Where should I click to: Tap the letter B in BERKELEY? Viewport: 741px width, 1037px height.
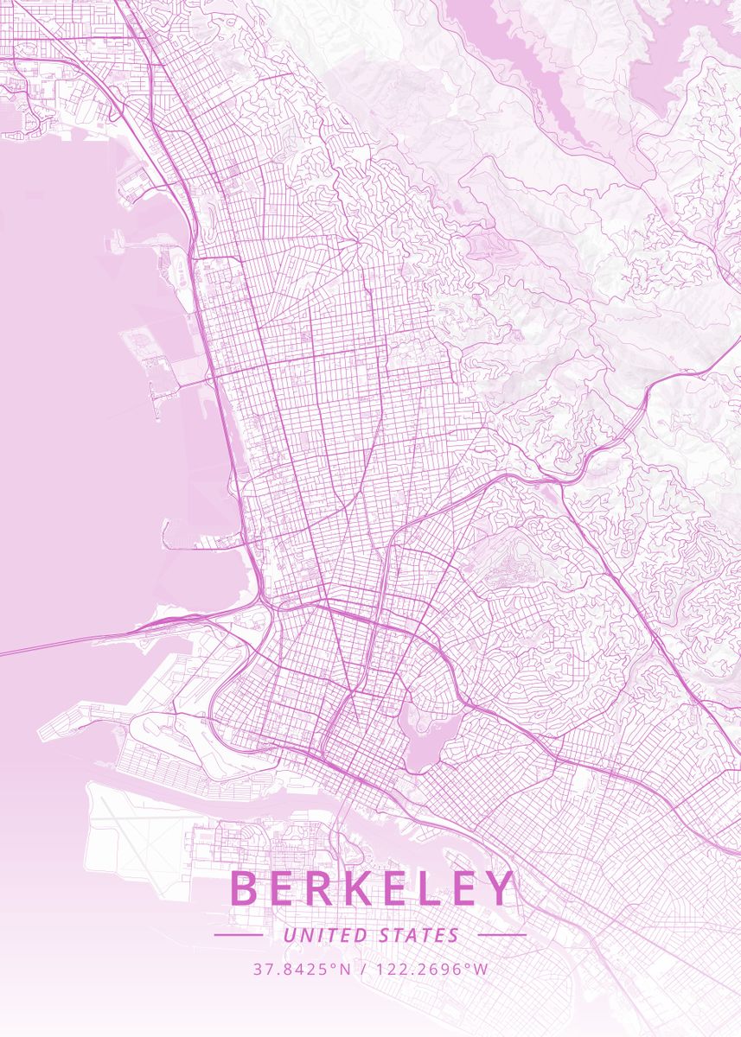tap(246, 888)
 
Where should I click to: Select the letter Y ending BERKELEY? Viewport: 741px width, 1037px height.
tap(499, 888)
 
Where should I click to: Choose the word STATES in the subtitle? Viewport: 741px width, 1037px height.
tap(419, 935)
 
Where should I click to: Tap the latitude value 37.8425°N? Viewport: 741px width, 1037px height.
tap(302, 969)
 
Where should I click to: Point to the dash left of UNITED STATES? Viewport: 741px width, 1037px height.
tap(238, 935)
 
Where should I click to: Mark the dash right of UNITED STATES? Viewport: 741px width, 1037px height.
tap(501, 935)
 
